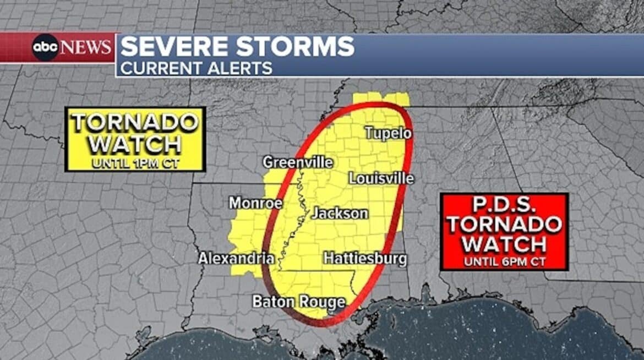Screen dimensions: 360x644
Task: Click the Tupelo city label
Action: pos(388,133)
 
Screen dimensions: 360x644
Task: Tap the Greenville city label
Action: pos(297,162)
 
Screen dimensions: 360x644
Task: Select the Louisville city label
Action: pos(381,178)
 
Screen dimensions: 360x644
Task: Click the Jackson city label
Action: pos(340,214)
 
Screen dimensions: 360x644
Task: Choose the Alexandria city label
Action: pos(236,258)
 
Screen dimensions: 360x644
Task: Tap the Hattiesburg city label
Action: pos(365,258)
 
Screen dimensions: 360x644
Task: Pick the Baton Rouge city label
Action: pos(299,302)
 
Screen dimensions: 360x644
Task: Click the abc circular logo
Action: pos(45,48)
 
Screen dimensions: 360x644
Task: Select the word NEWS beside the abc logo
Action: pos(86,48)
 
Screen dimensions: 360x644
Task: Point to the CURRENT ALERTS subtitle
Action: pos(196,68)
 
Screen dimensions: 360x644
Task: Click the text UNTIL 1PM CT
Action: pos(135,163)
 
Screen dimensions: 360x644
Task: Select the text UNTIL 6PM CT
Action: pos(504,261)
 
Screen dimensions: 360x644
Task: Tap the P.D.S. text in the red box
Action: pos(504,205)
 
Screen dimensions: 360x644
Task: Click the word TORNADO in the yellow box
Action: pos(135,122)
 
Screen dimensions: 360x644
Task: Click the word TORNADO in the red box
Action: pos(504,224)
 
